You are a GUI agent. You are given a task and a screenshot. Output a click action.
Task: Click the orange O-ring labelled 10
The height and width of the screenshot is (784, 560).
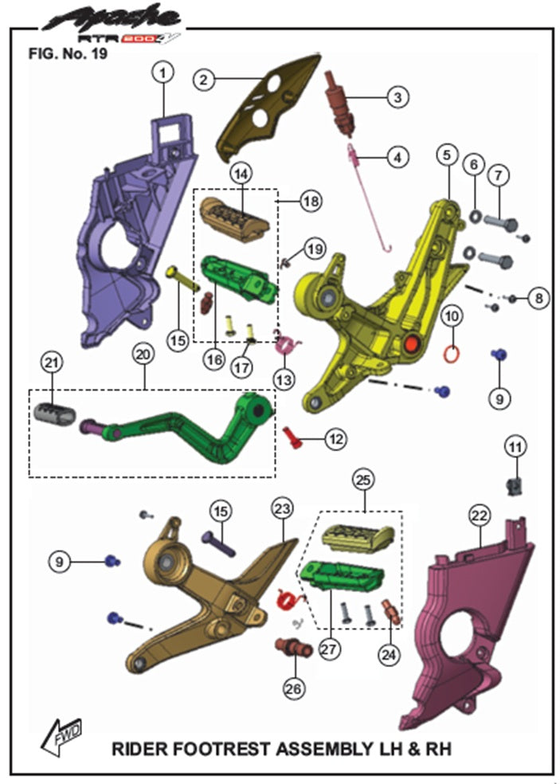coord(451,354)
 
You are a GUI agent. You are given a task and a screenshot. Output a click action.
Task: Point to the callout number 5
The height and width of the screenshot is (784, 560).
coord(447,155)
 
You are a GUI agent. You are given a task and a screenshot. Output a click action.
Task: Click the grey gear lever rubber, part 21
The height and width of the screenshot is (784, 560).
coord(55,413)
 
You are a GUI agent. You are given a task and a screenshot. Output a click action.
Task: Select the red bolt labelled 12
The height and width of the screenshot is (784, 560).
coord(292,438)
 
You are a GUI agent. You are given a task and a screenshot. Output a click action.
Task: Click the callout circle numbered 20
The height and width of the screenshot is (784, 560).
coord(143,354)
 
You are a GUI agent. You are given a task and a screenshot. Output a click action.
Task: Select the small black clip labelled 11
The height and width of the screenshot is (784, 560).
coord(514,484)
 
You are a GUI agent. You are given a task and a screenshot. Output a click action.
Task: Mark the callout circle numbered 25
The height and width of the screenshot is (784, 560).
coord(363,480)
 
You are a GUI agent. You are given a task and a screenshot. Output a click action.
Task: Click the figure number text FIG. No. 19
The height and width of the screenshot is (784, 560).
coord(68,53)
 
